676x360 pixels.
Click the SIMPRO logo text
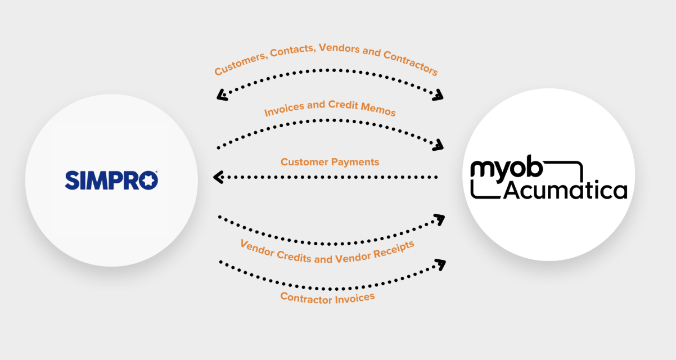111,180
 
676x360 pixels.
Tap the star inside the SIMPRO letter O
148,180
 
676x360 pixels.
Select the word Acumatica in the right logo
565,191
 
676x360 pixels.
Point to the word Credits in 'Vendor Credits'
296,256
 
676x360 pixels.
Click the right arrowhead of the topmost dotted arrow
438,96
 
